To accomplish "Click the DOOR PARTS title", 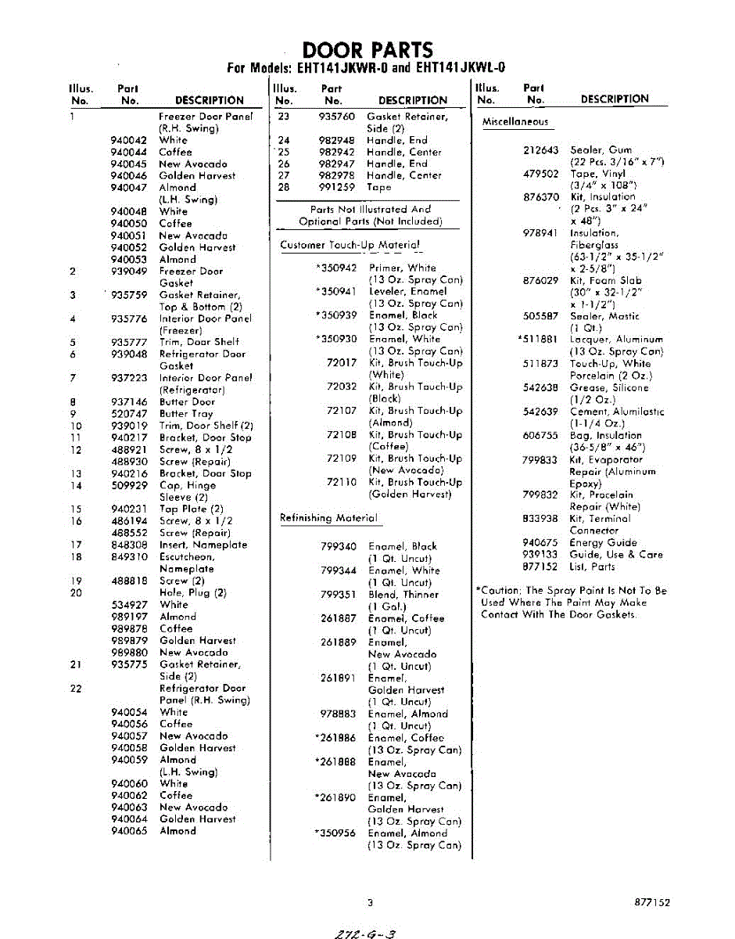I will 367,50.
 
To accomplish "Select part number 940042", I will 129,140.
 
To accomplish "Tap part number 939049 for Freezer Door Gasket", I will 129,272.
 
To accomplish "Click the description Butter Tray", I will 186,414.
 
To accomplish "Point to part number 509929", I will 129,485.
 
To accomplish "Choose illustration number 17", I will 76,545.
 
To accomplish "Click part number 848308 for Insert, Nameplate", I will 129,545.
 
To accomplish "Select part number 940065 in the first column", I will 129,831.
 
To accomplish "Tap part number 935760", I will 337,117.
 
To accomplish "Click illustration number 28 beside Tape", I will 284,187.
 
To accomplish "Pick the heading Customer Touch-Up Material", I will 350,245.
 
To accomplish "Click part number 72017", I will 341,363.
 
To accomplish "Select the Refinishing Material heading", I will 328,518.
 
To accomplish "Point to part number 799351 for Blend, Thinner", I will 339,595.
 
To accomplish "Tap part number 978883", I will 339,714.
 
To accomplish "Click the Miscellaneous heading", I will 514,122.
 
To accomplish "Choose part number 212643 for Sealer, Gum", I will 541,149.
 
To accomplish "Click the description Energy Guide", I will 603,542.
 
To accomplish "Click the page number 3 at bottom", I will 370,902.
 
